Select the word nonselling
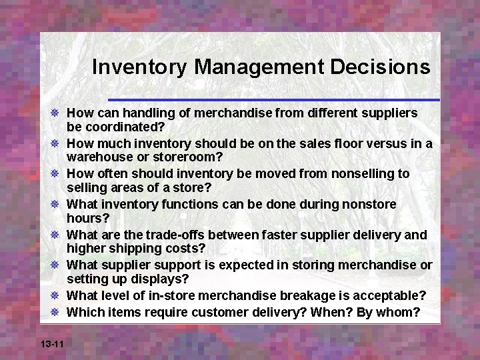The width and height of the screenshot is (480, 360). (x=362, y=173)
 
